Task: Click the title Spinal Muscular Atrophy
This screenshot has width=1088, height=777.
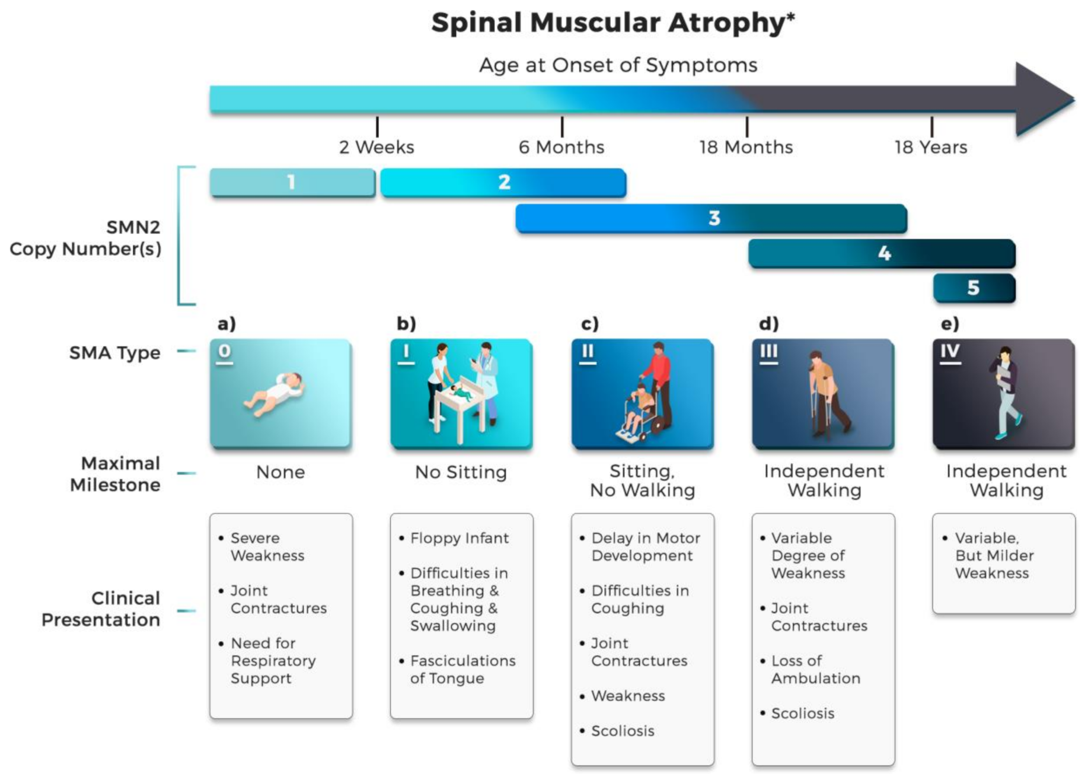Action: click(x=612, y=23)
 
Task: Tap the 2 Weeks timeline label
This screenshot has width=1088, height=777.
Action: click(x=377, y=147)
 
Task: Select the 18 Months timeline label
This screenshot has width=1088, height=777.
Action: click(x=746, y=147)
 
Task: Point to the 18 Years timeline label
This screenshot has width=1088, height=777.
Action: click(x=931, y=147)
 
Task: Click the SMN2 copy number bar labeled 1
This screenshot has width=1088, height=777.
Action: click(x=292, y=182)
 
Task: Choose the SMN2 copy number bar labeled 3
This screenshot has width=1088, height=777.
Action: click(x=711, y=218)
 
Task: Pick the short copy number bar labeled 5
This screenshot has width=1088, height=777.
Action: click(x=974, y=288)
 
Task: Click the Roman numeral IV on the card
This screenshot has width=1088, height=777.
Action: click(x=949, y=352)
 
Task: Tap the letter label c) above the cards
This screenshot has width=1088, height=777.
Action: click(x=589, y=324)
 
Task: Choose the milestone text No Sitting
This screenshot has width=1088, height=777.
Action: click(x=461, y=472)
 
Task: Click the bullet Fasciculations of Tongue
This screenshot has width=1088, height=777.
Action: click(x=462, y=670)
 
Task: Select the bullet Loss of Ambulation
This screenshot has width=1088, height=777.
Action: click(x=815, y=670)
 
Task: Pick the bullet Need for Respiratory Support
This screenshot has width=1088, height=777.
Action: click(x=273, y=661)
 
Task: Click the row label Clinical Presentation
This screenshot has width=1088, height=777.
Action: click(x=101, y=609)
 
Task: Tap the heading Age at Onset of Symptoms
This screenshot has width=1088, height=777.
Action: click(x=618, y=65)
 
